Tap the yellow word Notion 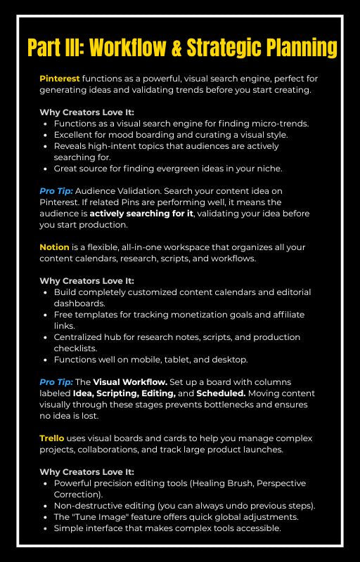pyautogui.click(x=54, y=247)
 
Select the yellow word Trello pyautogui.click(x=51, y=438)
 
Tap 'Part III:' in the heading pyautogui.click(x=56, y=48)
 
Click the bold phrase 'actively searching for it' pyautogui.click(x=131, y=214)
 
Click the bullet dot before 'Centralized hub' pyautogui.click(x=46, y=337)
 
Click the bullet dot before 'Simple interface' pyautogui.click(x=46, y=528)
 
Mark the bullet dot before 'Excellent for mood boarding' pyautogui.click(x=46, y=135)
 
